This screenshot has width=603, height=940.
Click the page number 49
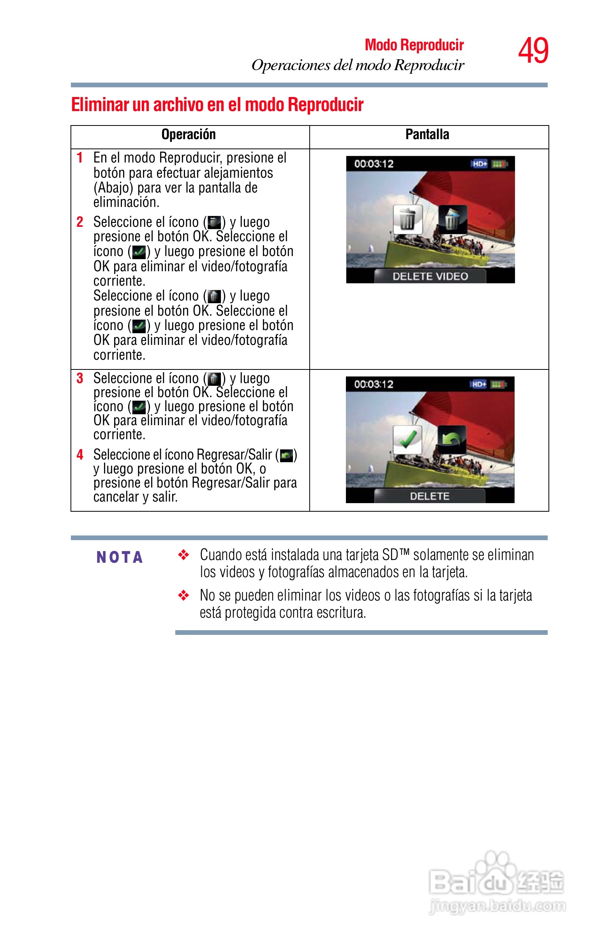pos(533,51)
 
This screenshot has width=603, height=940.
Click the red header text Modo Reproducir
pos(414,45)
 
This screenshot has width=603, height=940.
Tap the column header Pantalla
pos(427,135)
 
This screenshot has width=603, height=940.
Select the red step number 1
pos(80,158)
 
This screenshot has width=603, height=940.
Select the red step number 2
pos(80,222)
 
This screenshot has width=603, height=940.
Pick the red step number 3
pos(80,378)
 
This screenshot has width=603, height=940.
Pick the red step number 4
pos(80,455)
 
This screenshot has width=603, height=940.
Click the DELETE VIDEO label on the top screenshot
pos(430,277)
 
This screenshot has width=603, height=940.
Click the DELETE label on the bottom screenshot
pos(430,497)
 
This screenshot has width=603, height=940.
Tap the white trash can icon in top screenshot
pos(407,219)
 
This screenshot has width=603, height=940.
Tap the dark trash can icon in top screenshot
pos(452,219)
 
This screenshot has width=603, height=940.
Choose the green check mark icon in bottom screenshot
pos(407,440)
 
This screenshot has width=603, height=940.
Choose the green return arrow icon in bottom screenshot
pos(451,440)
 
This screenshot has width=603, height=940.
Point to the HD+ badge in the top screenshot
pos(479,164)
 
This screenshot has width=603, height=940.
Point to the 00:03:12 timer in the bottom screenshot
pos(374,385)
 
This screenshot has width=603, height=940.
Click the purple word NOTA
pos(120,557)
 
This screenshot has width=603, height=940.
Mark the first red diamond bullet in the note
pos(183,555)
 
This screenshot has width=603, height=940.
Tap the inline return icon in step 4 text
pos(287,456)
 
